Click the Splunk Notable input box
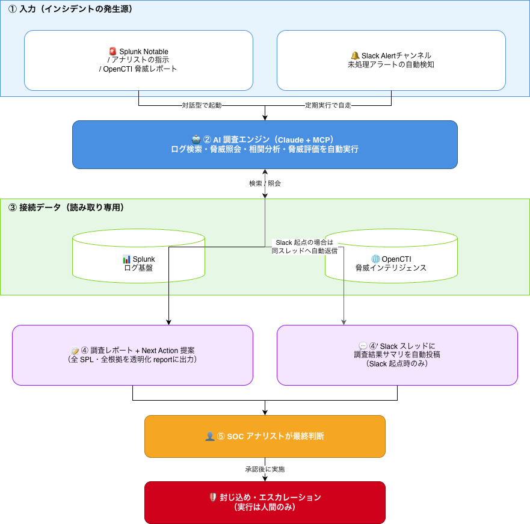pyautogui.click(x=138, y=61)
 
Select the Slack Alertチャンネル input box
pyautogui.click(x=391, y=61)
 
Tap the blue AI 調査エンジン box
pyautogui.click(x=265, y=145)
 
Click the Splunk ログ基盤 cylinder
pyautogui.click(x=138, y=256)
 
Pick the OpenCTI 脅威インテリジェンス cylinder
pyautogui.click(x=391, y=256)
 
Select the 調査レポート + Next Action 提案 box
pyautogui.click(x=132, y=356)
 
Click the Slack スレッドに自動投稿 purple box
pyautogui.click(x=397, y=356)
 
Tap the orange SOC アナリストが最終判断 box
pyautogui.click(x=265, y=436)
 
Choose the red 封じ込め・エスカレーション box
pyautogui.click(x=265, y=502)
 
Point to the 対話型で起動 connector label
pyautogui.click(x=202, y=105)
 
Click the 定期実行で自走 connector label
pyautogui.click(x=328, y=105)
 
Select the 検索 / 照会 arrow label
pyautogui.click(x=265, y=183)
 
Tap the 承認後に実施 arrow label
pyautogui.click(x=265, y=469)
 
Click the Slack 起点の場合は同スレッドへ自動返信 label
pyautogui.click(x=304, y=247)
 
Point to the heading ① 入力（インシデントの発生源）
pyautogui.click(x=70, y=9)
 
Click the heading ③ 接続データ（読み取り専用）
pyautogui.click(x=66, y=207)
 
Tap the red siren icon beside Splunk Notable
pyautogui.click(x=113, y=51)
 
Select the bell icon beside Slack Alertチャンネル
pyautogui.click(x=355, y=55)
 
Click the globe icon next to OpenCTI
pyautogui.click(x=375, y=259)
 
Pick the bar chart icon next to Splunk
pyautogui.click(x=126, y=259)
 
